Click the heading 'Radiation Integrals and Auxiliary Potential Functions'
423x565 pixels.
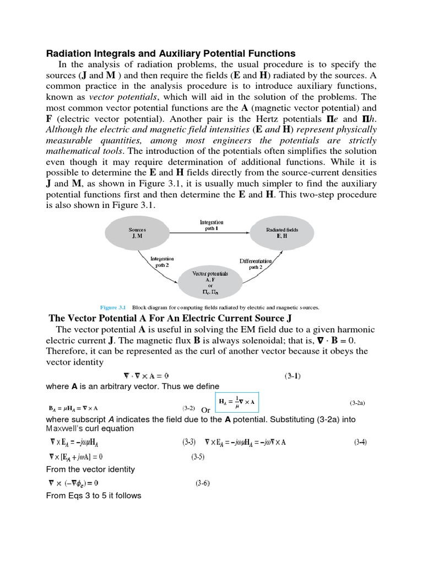[x=170, y=54]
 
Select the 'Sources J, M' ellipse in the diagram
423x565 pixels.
[x=138, y=232]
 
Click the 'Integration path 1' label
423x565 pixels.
[x=211, y=226]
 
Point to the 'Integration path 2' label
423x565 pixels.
[x=161, y=262]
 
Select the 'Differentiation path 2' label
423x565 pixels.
[x=256, y=264]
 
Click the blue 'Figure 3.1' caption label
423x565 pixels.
[x=114, y=307]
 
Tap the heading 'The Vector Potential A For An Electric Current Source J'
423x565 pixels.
[x=170, y=318]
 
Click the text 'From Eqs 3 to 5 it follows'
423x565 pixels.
[x=94, y=495]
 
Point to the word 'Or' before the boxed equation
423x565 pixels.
[x=205, y=410]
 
